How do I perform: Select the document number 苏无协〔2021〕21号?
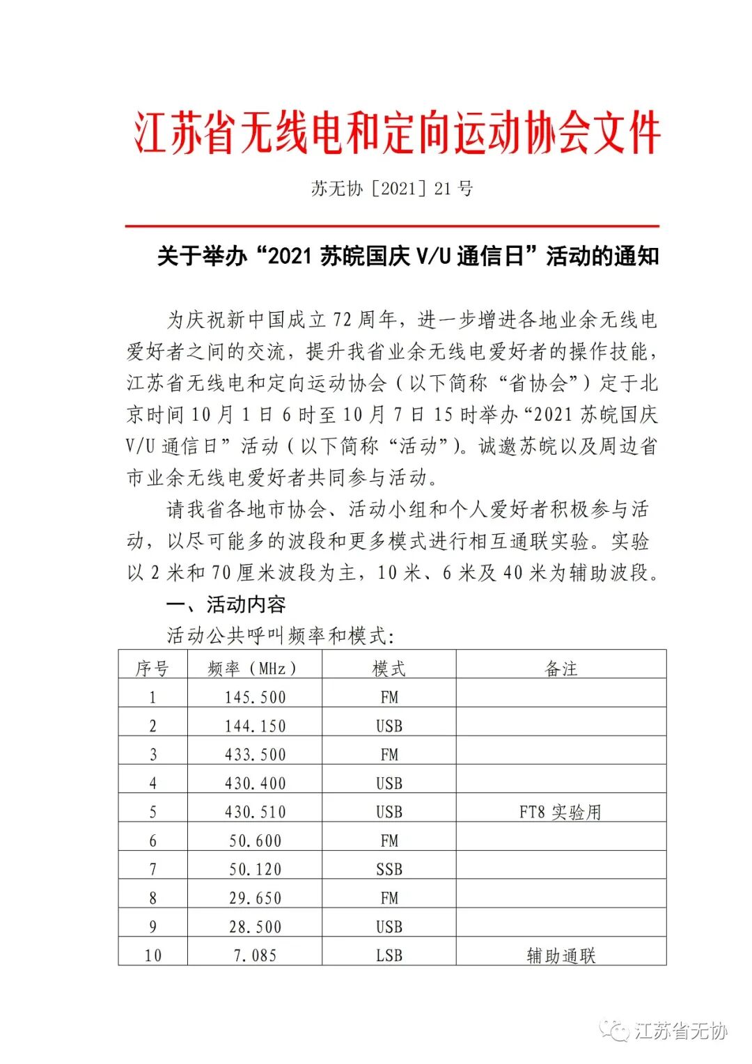(x=392, y=188)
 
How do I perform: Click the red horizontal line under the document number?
(x=392, y=226)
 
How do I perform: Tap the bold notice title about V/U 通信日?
(x=407, y=256)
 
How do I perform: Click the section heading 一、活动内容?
(x=226, y=604)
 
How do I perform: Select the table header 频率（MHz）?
(x=254, y=668)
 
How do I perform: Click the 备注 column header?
(x=561, y=668)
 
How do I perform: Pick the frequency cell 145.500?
(x=255, y=697)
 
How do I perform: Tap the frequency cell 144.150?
(x=255, y=726)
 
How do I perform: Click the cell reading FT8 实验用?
(x=561, y=812)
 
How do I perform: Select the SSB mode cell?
(x=389, y=869)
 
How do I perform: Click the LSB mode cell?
(x=389, y=955)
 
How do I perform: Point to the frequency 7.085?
(x=255, y=955)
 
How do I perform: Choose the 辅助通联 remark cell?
(x=561, y=955)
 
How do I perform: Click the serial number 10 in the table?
(x=152, y=955)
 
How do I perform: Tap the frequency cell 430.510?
(x=255, y=812)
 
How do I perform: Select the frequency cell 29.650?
(x=255, y=898)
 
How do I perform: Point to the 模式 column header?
(x=389, y=668)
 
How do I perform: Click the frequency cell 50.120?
(x=255, y=869)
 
